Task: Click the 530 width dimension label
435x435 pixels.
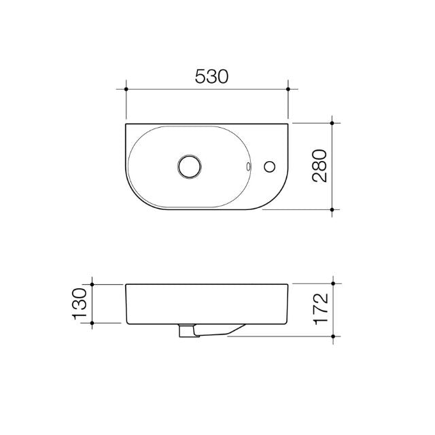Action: (x=210, y=75)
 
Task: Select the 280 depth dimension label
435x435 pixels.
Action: (x=319, y=166)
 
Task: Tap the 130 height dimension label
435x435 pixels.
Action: (x=79, y=304)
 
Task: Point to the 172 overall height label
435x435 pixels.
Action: (x=320, y=308)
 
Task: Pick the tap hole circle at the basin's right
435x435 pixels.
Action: (x=271, y=166)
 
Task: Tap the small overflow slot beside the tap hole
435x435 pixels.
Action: (x=249, y=165)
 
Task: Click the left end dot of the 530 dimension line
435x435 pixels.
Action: (x=126, y=89)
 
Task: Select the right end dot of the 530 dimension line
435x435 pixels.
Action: (x=289, y=89)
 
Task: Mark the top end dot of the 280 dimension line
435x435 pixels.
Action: (x=332, y=123)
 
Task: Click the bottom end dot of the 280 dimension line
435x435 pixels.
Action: (x=332, y=210)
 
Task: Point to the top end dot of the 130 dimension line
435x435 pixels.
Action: (x=92, y=283)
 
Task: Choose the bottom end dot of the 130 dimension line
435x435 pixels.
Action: (x=92, y=324)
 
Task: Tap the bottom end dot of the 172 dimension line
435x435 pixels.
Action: (x=332, y=336)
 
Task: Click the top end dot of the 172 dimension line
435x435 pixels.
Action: (x=332, y=283)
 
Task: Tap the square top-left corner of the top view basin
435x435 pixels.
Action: (x=127, y=124)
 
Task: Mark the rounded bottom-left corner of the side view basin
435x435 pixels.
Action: (x=128, y=321)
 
